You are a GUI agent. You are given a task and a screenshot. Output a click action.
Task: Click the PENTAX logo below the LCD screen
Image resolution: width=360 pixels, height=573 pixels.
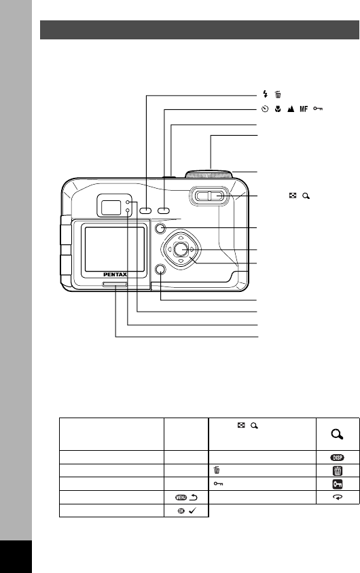tap(115, 274)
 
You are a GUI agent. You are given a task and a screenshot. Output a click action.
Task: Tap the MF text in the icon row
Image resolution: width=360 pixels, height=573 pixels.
tap(304, 109)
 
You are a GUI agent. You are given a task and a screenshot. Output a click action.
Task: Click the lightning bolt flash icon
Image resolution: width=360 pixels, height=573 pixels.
tap(266, 94)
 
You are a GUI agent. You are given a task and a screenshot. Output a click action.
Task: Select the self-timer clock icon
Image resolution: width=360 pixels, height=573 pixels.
tap(265, 109)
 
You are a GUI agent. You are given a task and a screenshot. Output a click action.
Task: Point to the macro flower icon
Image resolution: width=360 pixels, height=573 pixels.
tap(278, 109)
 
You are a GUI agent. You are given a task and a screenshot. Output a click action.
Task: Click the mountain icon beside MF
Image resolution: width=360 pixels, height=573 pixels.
tap(291, 109)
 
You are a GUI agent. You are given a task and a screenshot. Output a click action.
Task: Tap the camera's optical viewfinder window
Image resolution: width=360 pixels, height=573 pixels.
tap(111, 208)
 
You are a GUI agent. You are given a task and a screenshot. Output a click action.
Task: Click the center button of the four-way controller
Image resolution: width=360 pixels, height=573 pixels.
tap(180, 249)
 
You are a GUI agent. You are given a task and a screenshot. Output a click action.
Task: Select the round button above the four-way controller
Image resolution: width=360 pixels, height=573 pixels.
tap(160, 229)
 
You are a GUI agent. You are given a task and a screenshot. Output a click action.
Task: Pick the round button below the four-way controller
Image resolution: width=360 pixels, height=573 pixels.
tap(160, 270)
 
